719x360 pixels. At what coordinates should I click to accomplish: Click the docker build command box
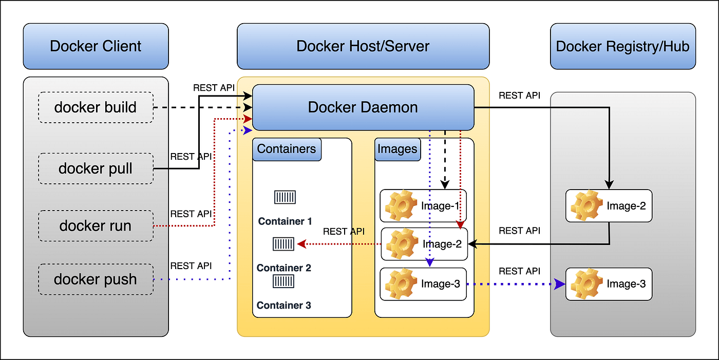pyautogui.click(x=96, y=107)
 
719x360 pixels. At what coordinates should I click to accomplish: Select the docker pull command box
pyautogui.click(x=96, y=168)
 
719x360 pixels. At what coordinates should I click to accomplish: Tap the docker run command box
pyautogui.click(x=96, y=225)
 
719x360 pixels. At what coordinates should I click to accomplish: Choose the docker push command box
pyautogui.click(x=96, y=279)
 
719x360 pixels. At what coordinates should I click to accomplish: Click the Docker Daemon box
pyautogui.click(x=363, y=107)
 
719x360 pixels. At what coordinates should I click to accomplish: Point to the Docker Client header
pyautogui.click(x=96, y=46)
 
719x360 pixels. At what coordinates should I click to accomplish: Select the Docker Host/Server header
pyautogui.click(x=363, y=46)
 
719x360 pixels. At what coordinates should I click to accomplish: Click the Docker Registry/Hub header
pyautogui.click(x=622, y=46)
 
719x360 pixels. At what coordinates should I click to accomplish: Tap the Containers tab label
pyautogui.click(x=287, y=149)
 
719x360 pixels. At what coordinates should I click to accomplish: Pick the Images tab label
pyautogui.click(x=398, y=149)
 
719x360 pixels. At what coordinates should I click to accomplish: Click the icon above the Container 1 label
pyautogui.click(x=285, y=197)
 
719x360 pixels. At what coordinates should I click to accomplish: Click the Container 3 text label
pyautogui.click(x=284, y=306)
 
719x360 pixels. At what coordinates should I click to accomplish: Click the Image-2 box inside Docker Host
pyautogui.click(x=424, y=244)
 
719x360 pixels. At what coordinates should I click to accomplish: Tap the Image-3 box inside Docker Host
pyautogui.click(x=423, y=284)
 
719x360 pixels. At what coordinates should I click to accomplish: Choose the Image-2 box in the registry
pyautogui.click(x=609, y=206)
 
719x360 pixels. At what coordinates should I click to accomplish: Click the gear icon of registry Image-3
pyautogui.click(x=586, y=284)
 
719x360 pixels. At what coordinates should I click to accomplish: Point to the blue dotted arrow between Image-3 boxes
pyautogui.click(x=514, y=284)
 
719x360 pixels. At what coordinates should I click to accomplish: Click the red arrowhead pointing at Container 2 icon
pyautogui.click(x=301, y=244)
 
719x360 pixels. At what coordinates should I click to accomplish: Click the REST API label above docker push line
pyautogui.click(x=191, y=266)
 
